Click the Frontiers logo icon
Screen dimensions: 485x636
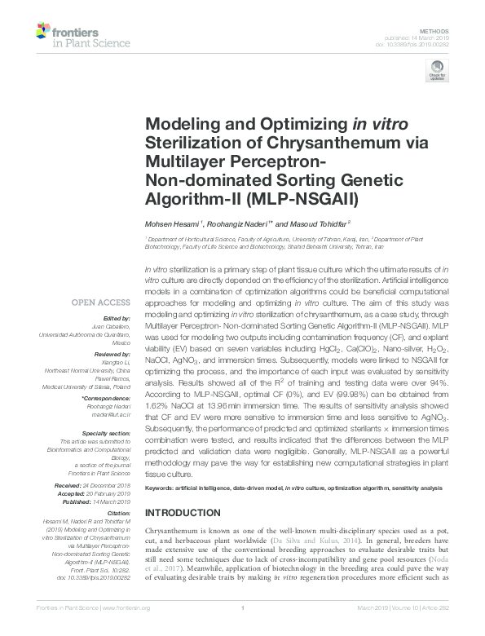coord(46,33)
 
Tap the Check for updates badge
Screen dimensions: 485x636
coord(438,73)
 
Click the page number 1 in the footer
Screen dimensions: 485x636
coord(243,629)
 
